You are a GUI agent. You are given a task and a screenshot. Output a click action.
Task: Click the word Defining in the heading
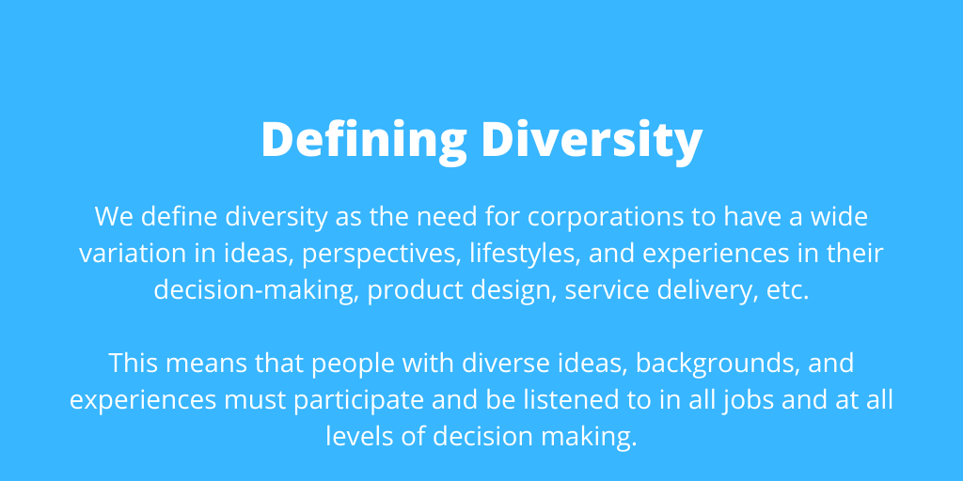tap(364, 141)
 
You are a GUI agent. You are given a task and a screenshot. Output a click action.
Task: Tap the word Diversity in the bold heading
tap(592, 141)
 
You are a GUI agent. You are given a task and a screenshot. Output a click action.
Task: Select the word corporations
tap(622, 217)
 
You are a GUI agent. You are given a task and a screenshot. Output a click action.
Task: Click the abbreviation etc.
tap(788, 291)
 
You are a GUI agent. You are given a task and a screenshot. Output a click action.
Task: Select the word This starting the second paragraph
tap(134, 364)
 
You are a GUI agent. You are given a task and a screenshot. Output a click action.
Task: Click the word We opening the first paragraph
tap(114, 217)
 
